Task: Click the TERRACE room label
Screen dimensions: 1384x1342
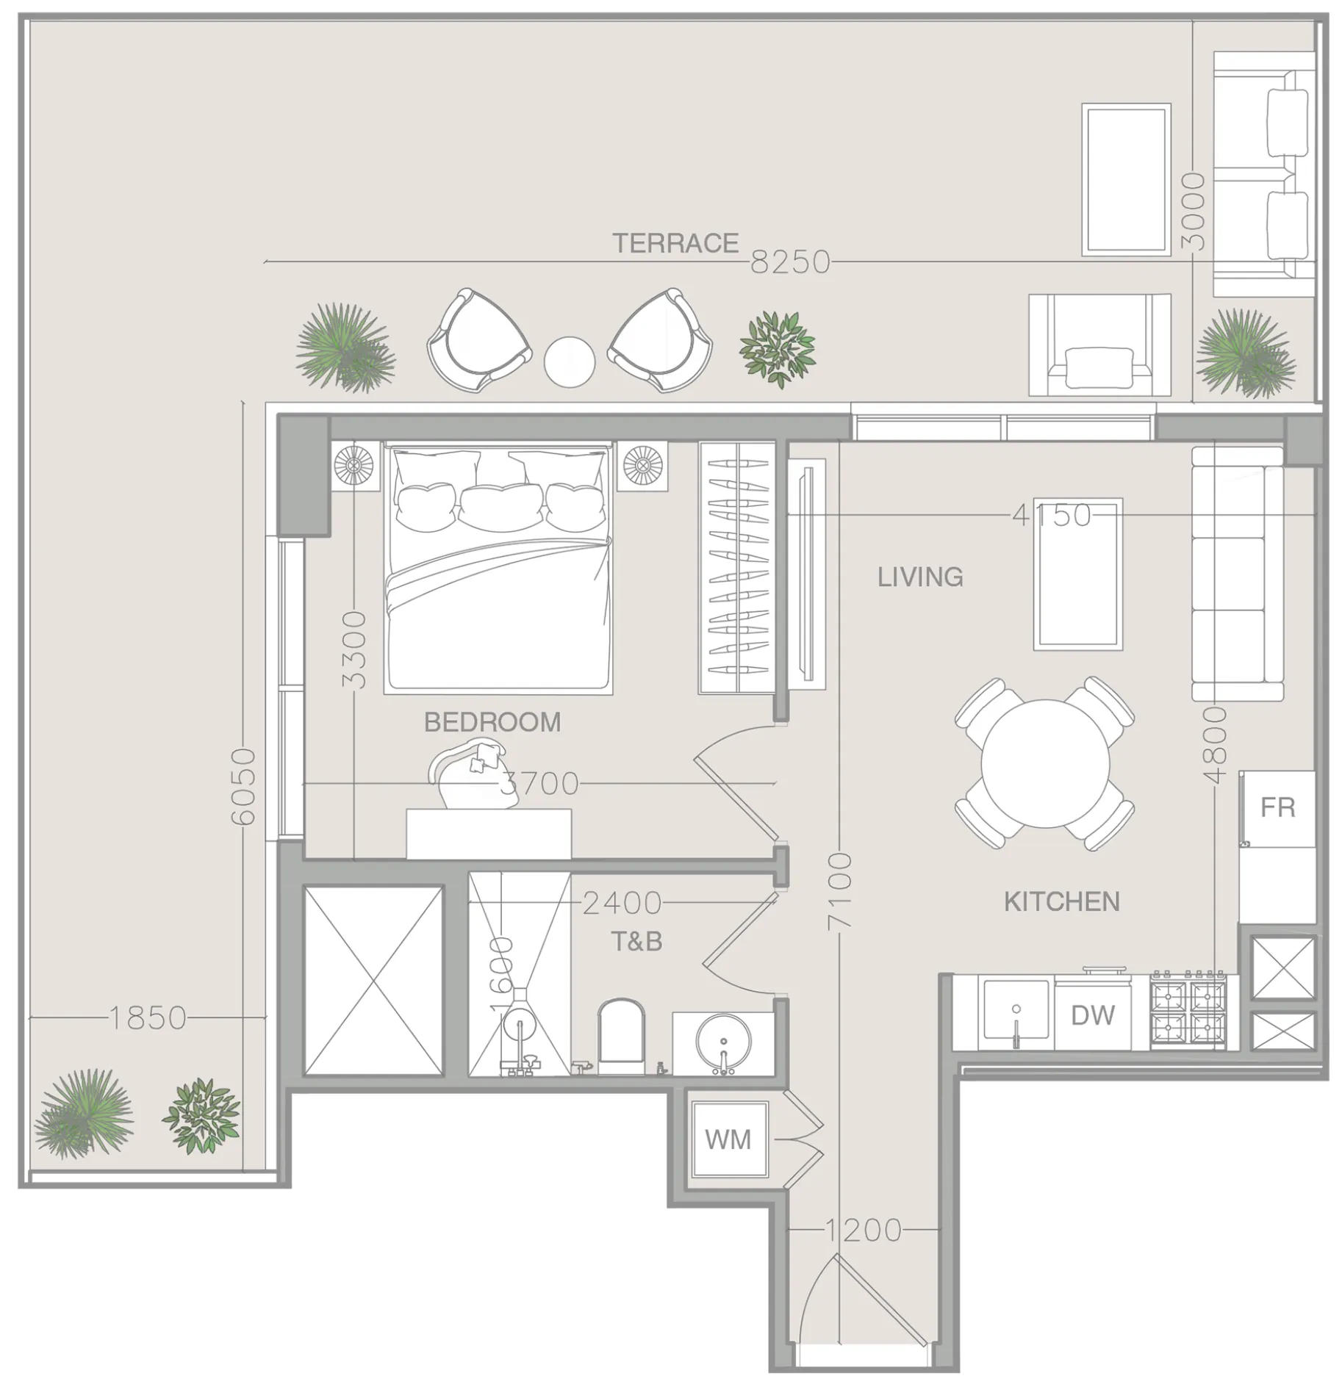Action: point(675,243)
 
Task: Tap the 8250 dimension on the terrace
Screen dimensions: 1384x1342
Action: point(789,262)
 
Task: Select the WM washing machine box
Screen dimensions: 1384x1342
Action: point(727,1139)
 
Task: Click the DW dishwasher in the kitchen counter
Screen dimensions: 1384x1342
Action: point(1092,1015)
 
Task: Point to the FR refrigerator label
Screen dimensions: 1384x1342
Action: point(1277,807)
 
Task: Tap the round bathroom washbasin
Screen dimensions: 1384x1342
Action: point(723,1043)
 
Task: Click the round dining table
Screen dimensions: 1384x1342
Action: point(1044,763)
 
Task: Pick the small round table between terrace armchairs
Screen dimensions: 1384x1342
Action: point(569,361)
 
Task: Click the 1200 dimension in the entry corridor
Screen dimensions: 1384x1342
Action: point(863,1230)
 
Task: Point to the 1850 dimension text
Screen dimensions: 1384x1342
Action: point(147,1018)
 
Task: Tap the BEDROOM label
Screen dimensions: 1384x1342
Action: point(492,722)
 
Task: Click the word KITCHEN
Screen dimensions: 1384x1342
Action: point(1061,902)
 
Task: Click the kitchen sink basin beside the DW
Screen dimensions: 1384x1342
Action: point(1016,1010)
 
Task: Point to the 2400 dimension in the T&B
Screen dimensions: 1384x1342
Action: point(622,904)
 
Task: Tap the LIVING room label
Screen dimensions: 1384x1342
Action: point(919,577)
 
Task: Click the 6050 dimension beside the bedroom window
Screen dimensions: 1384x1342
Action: point(243,786)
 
